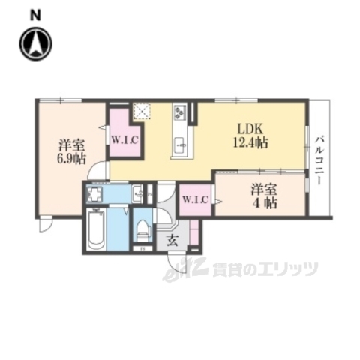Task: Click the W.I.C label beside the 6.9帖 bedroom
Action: [124, 138]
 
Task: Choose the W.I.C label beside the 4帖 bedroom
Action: [197, 199]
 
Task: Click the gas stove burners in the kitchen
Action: [180, 112]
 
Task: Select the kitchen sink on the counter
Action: [179, 144]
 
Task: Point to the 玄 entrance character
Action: [172, 240]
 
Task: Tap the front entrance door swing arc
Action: [177, 265]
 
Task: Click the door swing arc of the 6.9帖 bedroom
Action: [95, 172]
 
